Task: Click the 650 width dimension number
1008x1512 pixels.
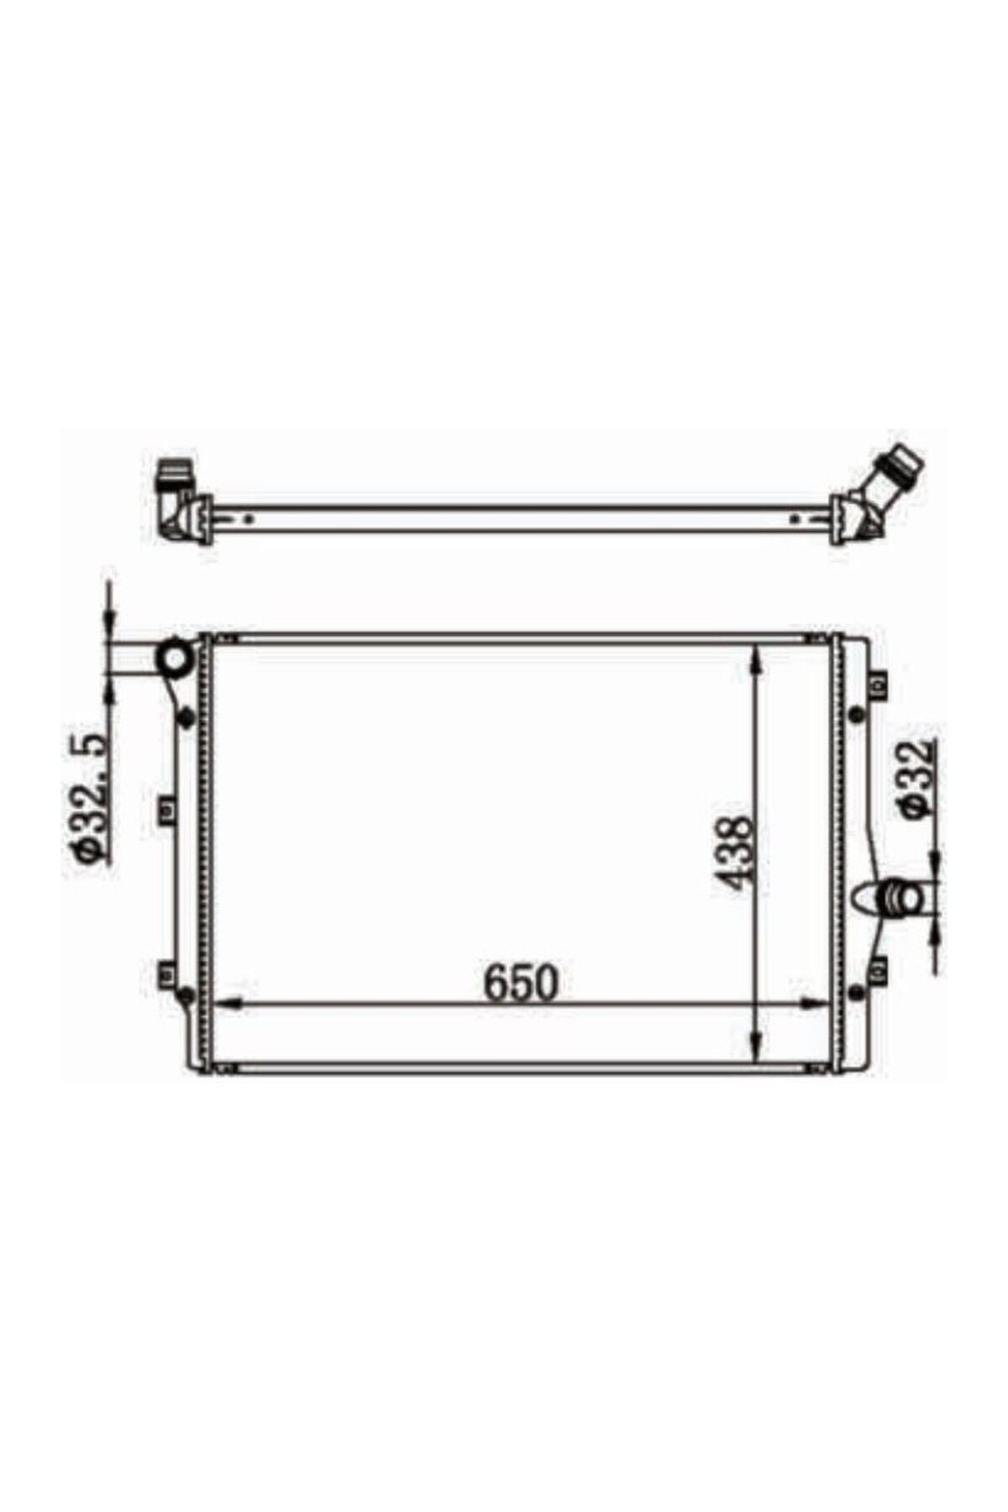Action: tap(520, 984)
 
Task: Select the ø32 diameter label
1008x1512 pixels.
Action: tap(916, 777)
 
